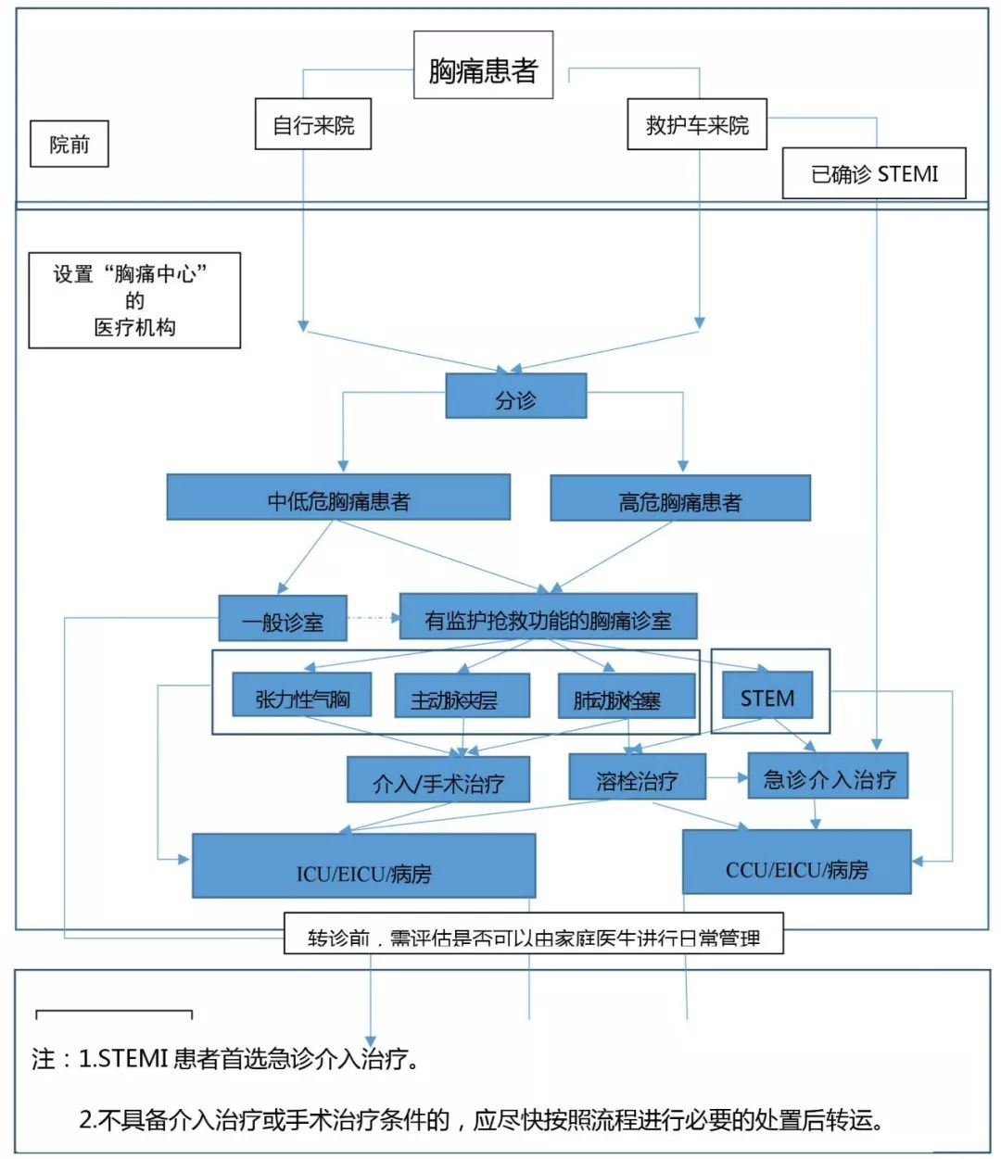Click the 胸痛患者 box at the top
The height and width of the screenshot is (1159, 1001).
(483, 66)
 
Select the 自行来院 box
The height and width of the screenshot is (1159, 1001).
(313, 124)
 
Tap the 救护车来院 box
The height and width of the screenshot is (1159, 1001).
(697, 124)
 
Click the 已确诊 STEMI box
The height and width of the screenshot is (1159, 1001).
(874, 173)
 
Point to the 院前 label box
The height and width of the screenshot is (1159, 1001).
(70, 144)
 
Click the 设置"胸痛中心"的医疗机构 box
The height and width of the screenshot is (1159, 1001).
(134, 300)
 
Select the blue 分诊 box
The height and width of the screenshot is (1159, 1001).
(516, 397)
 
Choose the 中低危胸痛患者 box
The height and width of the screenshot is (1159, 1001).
(338, 498)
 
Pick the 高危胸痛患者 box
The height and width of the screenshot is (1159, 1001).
(680, 498)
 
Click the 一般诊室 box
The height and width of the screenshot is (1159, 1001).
(283, 619)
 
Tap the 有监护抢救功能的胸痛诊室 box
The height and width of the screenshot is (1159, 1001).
(548, 617)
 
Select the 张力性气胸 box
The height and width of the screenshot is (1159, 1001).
(302, 696)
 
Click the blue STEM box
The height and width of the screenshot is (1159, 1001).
(767, 696)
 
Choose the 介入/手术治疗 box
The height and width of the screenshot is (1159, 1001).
(438, 780)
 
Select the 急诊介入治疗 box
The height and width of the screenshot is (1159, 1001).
(828, 776)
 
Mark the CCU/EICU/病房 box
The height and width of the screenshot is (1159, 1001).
(796, 863)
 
